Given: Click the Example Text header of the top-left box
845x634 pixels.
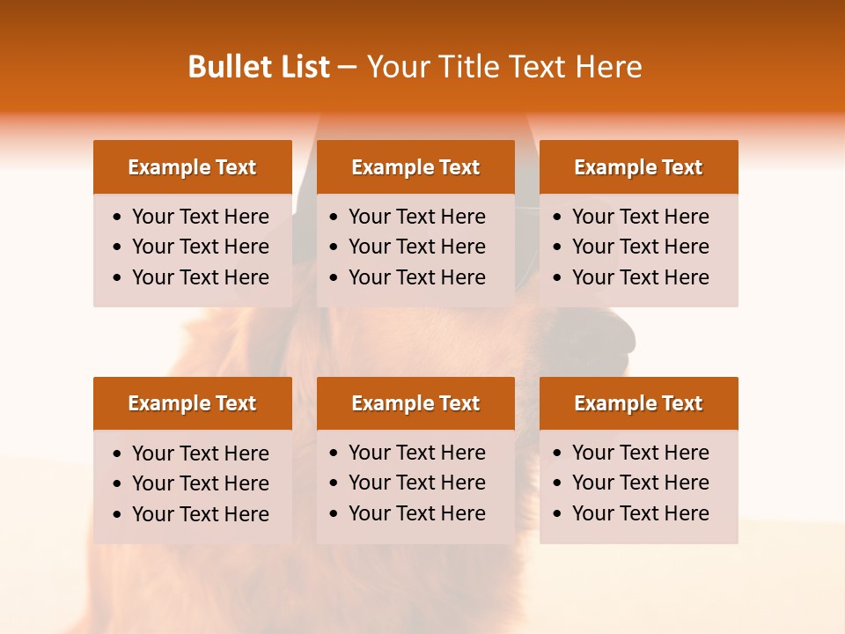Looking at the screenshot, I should tap(192, 167).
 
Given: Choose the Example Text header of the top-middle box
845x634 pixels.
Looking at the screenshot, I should tap(415, 167).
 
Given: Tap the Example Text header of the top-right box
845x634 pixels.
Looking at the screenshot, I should tap(638, 167).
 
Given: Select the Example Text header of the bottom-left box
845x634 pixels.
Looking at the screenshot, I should tap(192, 403).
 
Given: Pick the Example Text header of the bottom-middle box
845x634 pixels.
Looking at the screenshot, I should tap(415, 403).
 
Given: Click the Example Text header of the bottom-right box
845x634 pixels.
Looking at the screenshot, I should tap(638, 403).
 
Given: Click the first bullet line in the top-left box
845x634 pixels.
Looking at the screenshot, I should tap(200, 217).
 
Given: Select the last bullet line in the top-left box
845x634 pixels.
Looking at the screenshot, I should tap(200, 277).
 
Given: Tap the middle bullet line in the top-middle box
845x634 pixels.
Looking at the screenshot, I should tap(416, 247).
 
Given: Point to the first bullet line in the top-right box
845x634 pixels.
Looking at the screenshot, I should tap(640, 217).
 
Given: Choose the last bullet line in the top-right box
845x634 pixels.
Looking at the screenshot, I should tap(640, 277).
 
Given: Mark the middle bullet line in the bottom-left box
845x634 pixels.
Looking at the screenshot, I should tap(200, 483).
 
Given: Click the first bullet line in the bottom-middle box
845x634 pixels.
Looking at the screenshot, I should tap(416, 453).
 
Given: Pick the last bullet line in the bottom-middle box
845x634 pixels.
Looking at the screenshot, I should tap(416, 513).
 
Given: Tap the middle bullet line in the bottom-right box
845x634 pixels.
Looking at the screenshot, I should tap(640, 483).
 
